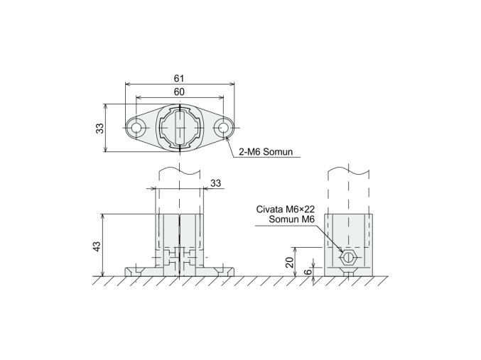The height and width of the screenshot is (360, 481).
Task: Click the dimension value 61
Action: (180, 77)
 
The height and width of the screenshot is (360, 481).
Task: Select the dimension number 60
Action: (180, 92)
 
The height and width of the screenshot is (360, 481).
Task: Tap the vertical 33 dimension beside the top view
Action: (100, 128)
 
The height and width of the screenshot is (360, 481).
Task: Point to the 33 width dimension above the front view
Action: (216, 183)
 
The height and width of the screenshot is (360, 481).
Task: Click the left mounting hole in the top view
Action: (136, 128)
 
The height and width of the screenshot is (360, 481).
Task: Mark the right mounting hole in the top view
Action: (225, 128)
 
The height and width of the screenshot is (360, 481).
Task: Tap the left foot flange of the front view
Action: (139, 271)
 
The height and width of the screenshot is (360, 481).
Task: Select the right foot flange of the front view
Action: (222, 271)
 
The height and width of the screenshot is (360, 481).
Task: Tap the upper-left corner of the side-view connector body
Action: (325, 213)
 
